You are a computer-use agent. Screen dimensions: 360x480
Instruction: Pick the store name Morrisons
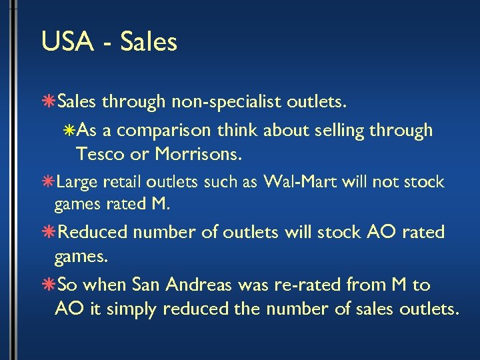pos(199,155)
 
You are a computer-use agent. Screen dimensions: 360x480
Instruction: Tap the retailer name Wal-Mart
pos(296,182)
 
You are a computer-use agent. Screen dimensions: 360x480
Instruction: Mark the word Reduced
pos(93,233)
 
